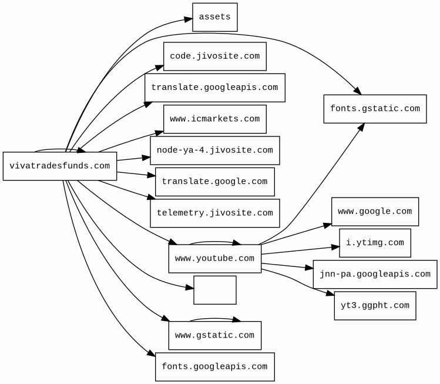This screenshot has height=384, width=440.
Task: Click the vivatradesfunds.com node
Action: (x=59, y=166)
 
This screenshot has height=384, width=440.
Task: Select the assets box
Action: (x=214, y=17)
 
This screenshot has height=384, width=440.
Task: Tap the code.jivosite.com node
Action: (x=214, y=56)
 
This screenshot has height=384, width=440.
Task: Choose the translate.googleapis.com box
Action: (x=214, y=88)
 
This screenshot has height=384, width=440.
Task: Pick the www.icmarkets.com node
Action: (x=214, y=119)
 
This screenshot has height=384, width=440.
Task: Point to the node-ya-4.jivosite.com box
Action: (x=214, y=151)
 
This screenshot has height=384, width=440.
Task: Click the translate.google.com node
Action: (x=214, y=182)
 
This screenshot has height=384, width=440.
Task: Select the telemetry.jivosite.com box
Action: (x=214, y=213)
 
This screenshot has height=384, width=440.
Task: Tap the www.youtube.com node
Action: (x=214, y=259)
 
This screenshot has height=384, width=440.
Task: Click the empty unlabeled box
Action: (x=214, y=290)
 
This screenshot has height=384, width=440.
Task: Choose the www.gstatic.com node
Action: (x=214, y=335)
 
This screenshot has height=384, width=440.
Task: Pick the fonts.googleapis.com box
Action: (x=214, y=367)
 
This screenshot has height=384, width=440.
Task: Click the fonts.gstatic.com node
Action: (x=375, y=109)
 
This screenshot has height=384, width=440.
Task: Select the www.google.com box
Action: (x=375, y=212)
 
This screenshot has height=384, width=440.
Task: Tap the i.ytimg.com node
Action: (x=375, y=243)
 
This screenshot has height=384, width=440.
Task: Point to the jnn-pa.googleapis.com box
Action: (x=375, y=274)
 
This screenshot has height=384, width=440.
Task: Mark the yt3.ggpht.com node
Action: (x=375, y=306)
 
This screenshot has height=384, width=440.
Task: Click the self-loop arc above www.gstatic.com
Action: (x=214, y=319)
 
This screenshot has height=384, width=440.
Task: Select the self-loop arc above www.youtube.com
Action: (x=214, y=242)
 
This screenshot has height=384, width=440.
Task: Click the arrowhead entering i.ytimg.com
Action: (x=335, y=248)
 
